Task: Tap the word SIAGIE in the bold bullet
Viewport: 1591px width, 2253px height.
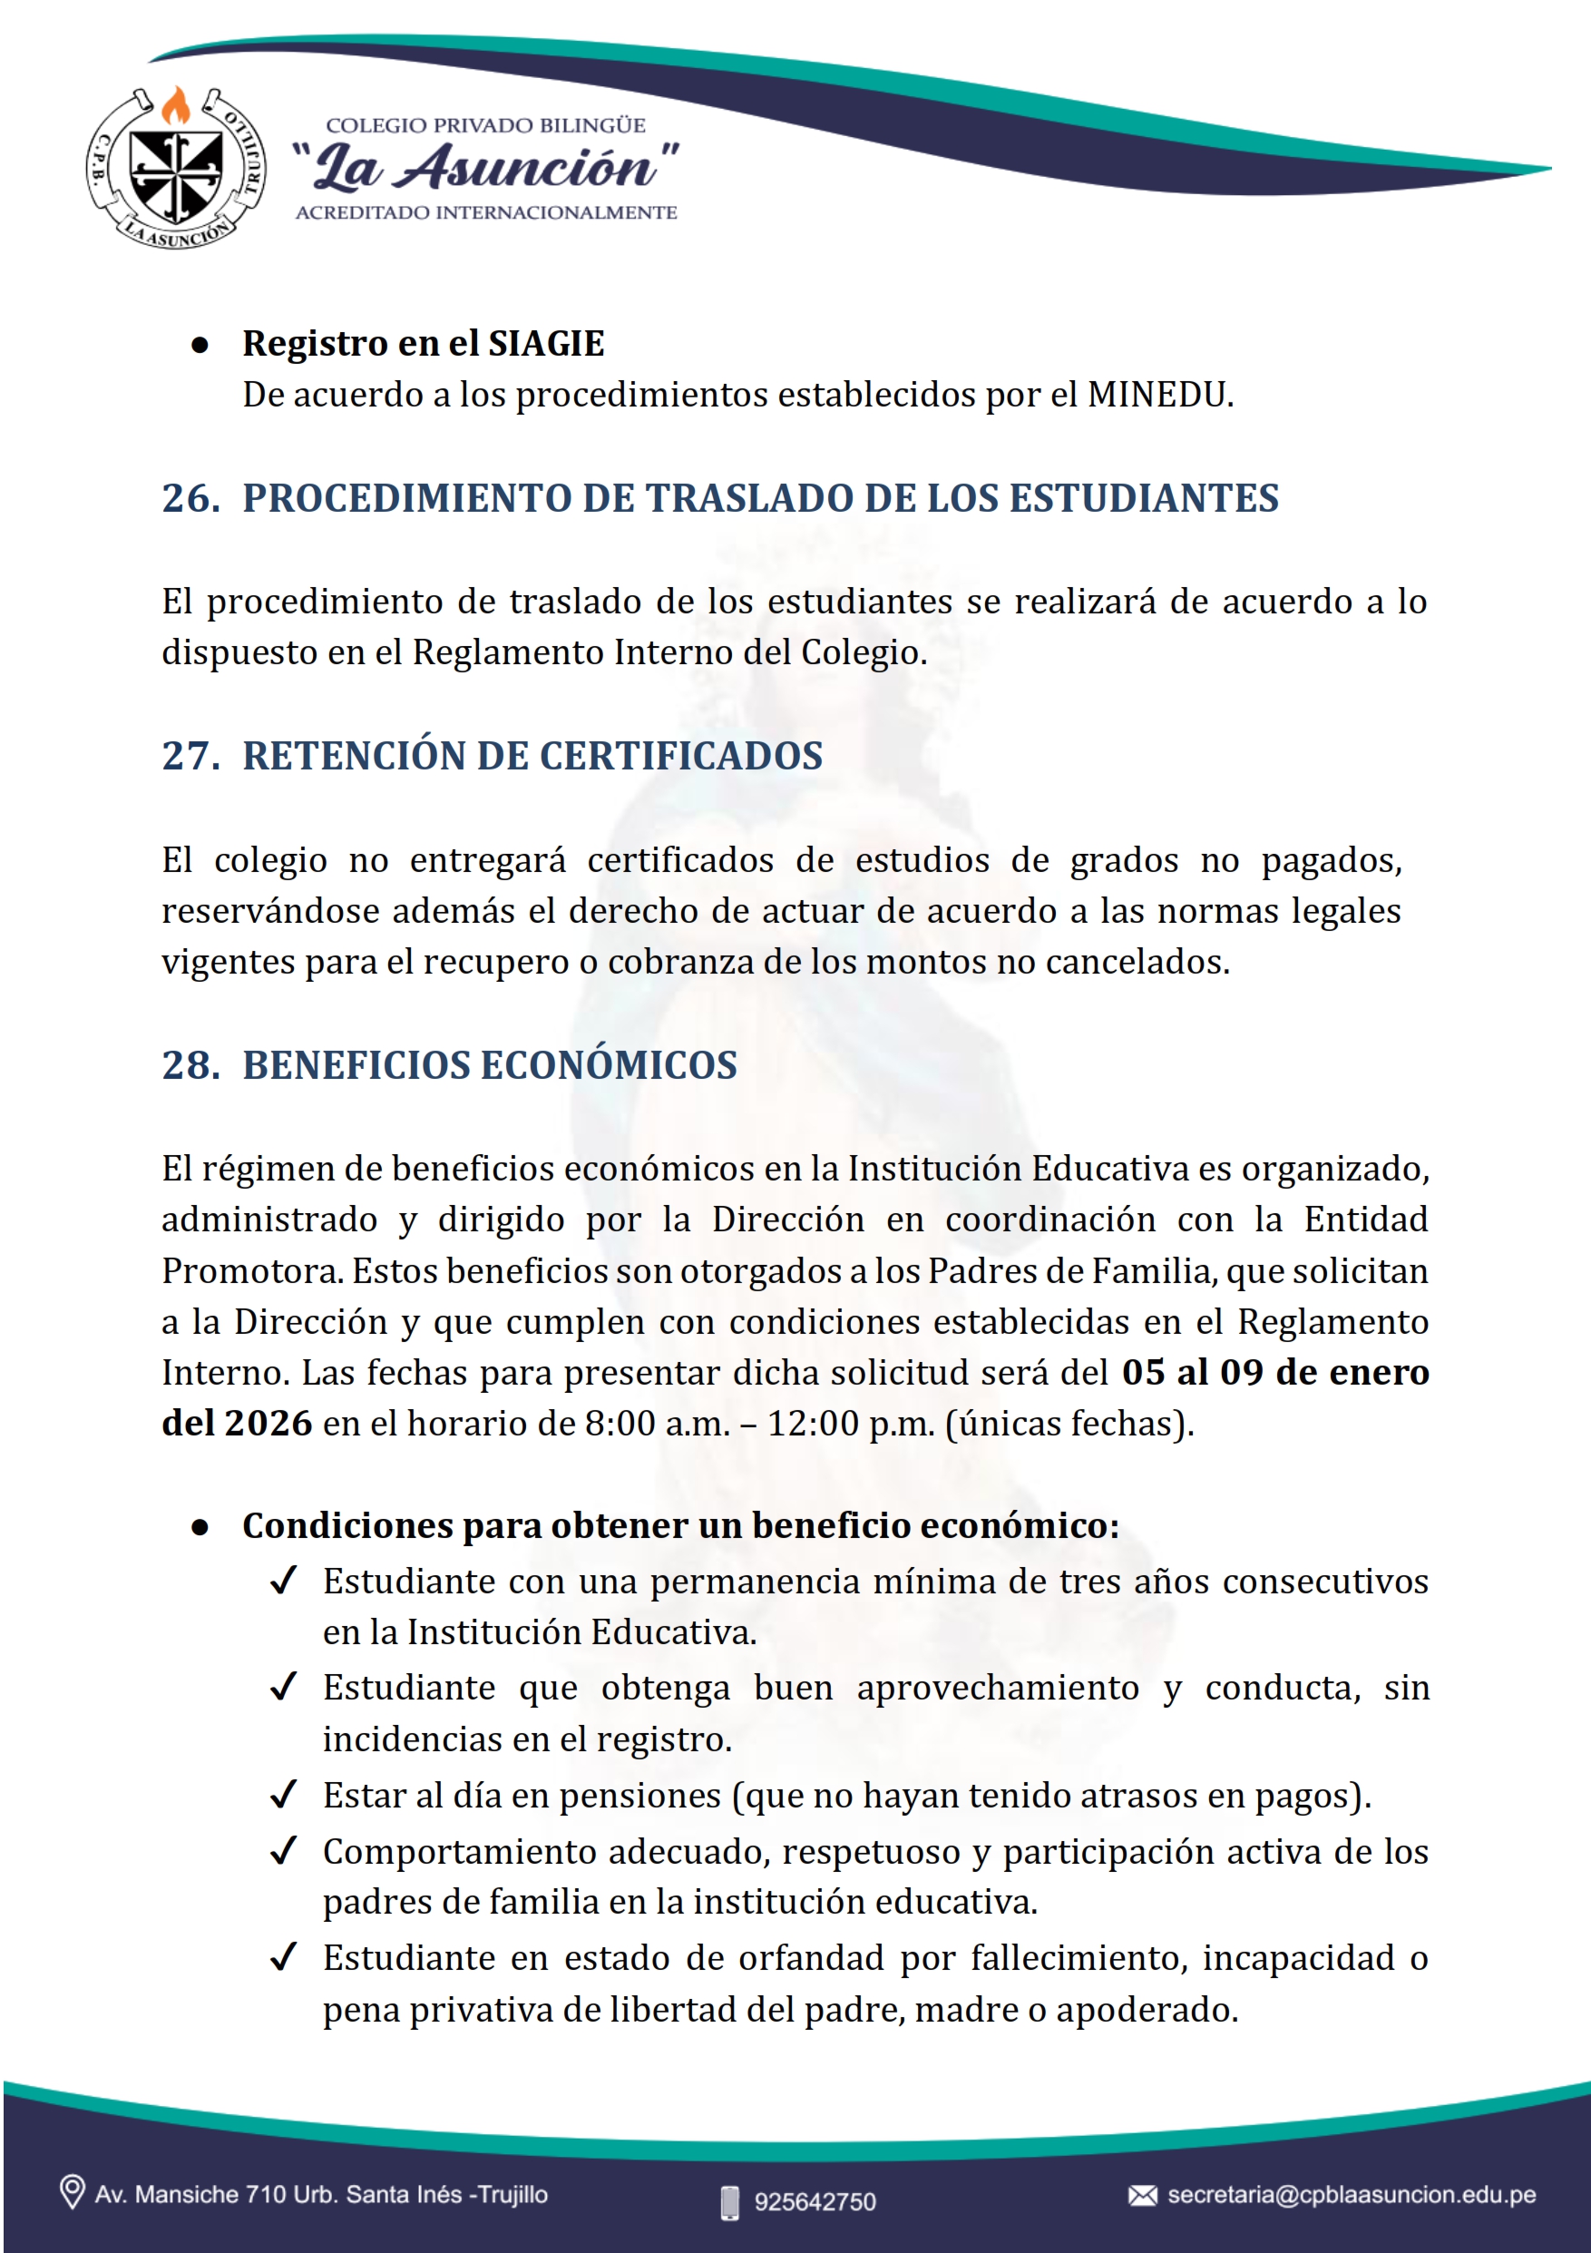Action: (x=546, y=344)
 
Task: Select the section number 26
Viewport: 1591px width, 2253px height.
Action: (x=190, y=498)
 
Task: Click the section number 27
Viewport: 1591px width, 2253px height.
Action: (x=190, y=756)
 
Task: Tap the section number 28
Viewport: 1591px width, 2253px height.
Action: (x=190, y=1065)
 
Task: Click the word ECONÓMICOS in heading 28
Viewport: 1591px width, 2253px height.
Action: (x=608, y=1065)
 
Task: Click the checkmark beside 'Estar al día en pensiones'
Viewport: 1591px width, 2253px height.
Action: (x=284, y=1795)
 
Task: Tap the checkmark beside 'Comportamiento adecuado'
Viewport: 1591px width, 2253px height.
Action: (x=284, y=1851)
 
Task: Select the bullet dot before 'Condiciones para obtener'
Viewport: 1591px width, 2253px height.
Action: (x=200, y=1527)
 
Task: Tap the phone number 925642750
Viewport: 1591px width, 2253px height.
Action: (x=815, y=2202)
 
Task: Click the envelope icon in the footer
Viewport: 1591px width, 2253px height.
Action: (x=1142, y=2195)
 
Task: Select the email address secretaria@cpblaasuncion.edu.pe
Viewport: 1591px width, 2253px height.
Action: (x=1351, y=2195)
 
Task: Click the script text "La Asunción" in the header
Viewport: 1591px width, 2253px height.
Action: (x=486, y=167)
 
